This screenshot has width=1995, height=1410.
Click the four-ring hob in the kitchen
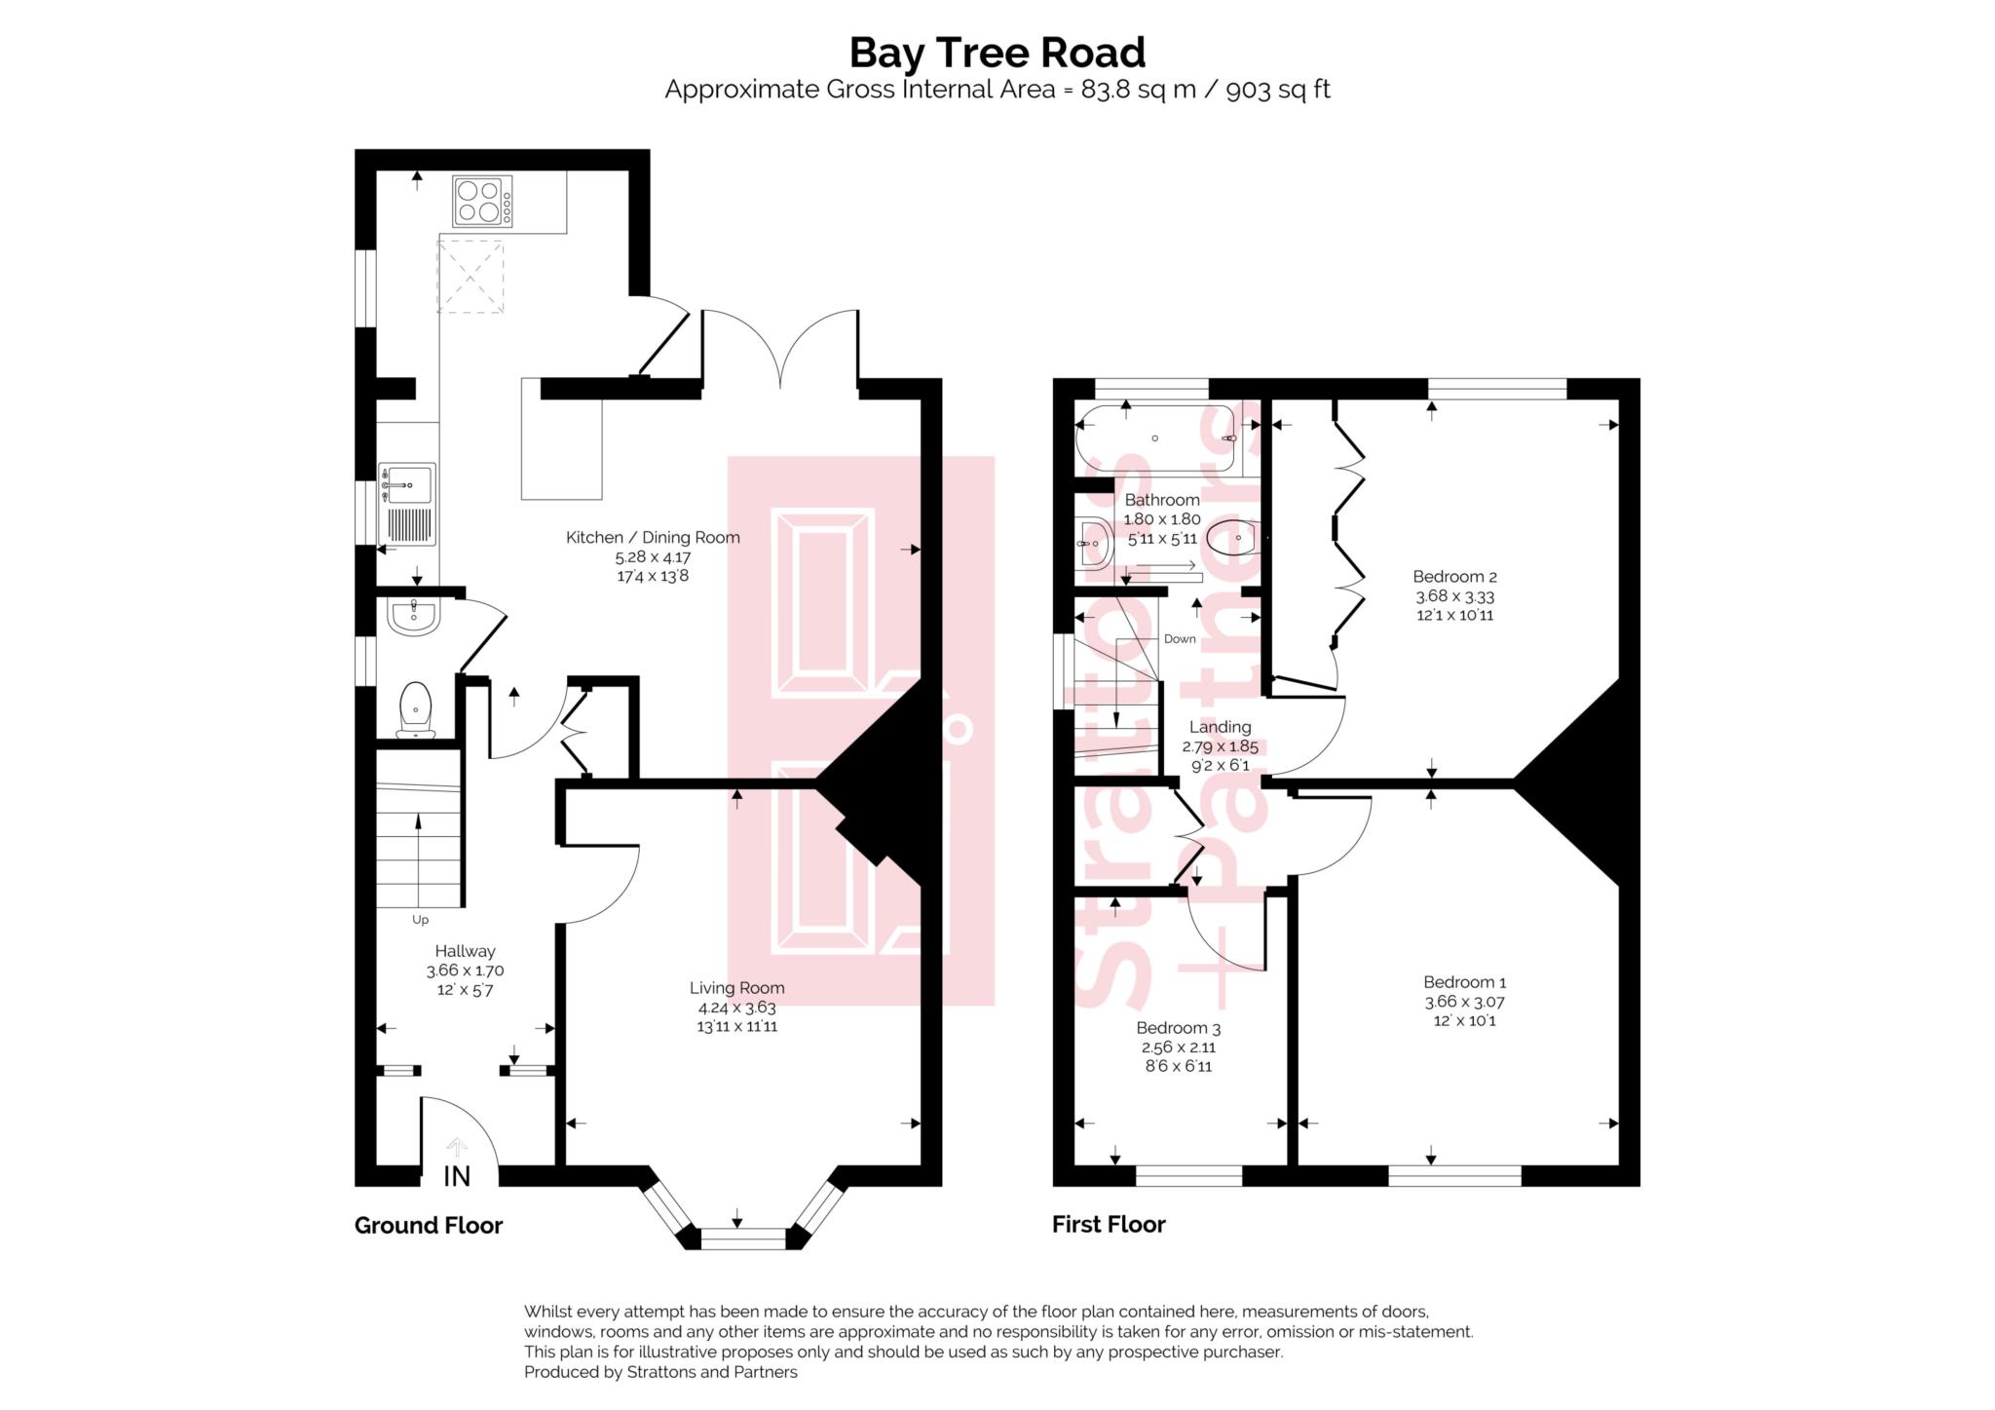(x=482, y=202)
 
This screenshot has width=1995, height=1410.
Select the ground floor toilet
(x=415, y=708)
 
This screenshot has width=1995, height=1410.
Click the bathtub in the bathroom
(x=1156, y=438)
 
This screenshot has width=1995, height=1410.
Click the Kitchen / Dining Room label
(x=653, y=537)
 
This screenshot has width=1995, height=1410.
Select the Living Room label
(x=736, y=987)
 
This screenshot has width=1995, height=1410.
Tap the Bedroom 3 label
(x=1178, y=1027)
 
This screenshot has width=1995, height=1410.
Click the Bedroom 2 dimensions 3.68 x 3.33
(x=1454, y=596)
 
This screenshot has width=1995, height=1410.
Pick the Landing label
(x=1220, y=726)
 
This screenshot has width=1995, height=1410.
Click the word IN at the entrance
(x=457, y=1176)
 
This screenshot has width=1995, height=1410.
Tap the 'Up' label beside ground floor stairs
(x=420, y=919)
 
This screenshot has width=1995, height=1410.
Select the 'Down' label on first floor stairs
(x=1179, y=639)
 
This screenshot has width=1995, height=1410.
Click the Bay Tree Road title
(x=997, y=53)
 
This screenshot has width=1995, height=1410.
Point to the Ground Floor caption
(x=428, y=1225)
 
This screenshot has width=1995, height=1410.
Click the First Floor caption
(x=1108, y=1224)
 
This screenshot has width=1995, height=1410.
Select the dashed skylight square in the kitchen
(x=471, y=277)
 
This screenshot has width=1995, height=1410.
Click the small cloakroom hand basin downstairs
(x=414, y=617)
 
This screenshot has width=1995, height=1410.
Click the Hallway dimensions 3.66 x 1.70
(x=465, y=971)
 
